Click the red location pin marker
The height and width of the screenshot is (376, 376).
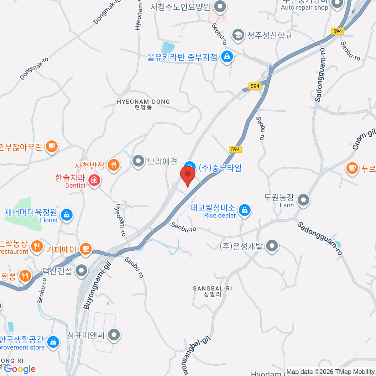(x=188, y=174)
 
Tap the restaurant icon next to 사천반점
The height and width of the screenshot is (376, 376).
(x=113, y=164)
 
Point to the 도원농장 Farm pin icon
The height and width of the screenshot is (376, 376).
(x=303, y=200)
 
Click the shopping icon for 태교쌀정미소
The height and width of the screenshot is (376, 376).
(x=244, y=210)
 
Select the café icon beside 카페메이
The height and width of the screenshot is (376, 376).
(x=85, y=249)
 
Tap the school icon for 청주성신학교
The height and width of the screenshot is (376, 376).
(x=238, y=35)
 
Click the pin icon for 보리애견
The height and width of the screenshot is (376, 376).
(x=138, y=161)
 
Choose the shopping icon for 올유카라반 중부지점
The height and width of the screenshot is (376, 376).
(x=227, y=56)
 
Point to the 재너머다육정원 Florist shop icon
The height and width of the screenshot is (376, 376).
(x=66, y=215)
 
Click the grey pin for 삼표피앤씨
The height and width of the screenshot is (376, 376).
(x=114, y=335)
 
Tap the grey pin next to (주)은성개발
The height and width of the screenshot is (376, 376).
(x=272, y=246)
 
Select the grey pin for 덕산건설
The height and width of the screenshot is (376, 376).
(x=81, y=270)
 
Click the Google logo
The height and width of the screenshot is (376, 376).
(x=20, y=369)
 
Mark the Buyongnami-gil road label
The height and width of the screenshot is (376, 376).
(x=97, y=285)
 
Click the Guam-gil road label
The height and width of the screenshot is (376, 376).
(x=364, y=139)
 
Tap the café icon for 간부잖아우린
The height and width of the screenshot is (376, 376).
(x=52, y=146)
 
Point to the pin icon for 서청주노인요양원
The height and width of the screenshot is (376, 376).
(x=220, y=6)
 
